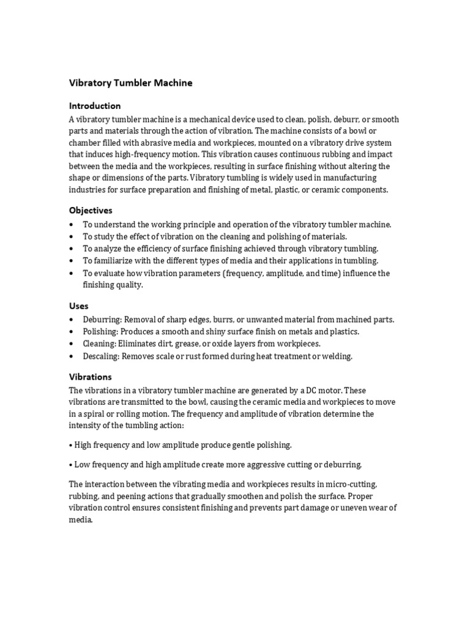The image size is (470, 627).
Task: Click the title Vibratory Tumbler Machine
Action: point(130,83)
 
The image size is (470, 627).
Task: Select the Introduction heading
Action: point(95,105)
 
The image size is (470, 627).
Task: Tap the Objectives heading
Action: point(91,210)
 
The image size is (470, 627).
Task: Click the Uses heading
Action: point(78,306)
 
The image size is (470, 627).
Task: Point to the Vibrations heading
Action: point(91,377)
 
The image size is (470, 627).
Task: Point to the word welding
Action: point(336,356)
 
